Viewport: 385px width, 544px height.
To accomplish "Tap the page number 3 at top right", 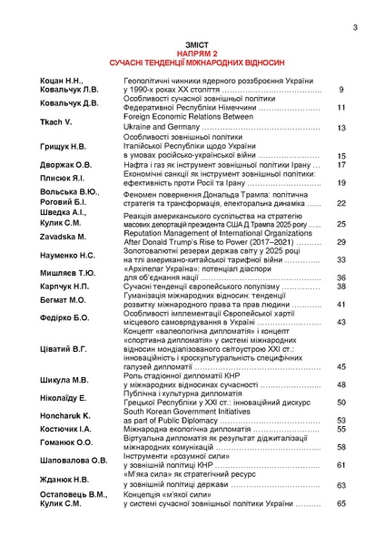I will coord(355,26).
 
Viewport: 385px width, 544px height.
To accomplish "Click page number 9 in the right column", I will coord(341,90).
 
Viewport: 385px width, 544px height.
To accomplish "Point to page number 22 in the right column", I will coord(341,204).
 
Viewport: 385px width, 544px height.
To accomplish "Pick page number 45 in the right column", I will coord(341,366).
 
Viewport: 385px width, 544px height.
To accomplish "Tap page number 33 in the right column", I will coord(341,260).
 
